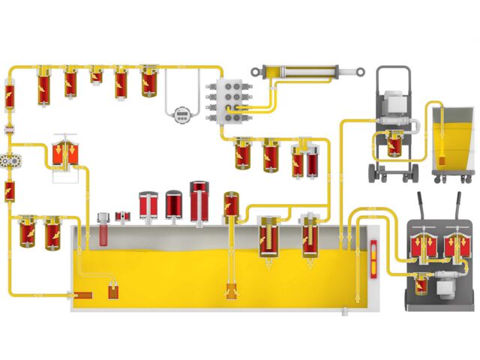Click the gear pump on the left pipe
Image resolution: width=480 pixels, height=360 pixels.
click(10, 161)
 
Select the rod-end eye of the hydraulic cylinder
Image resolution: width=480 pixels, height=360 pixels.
click(361, 72)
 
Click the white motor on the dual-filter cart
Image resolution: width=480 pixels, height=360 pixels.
click(451, 283)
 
